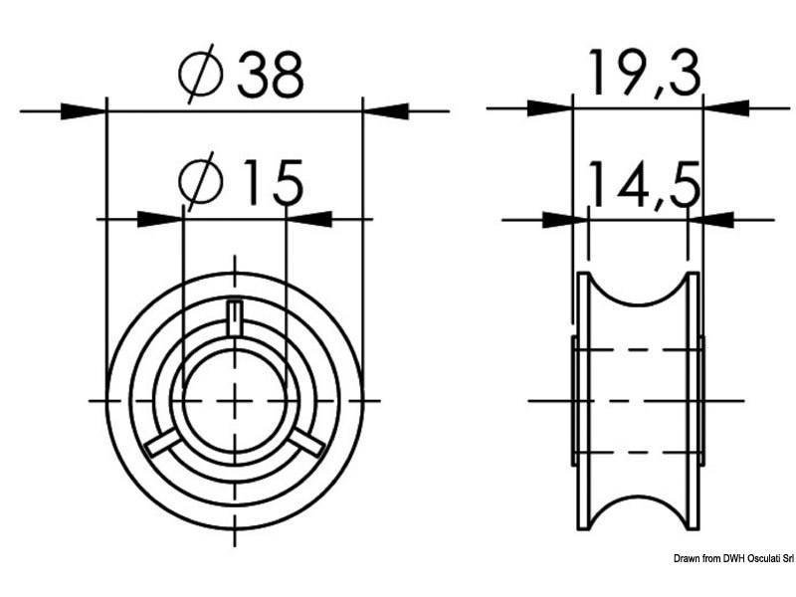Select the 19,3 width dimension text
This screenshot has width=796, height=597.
coord(644,74)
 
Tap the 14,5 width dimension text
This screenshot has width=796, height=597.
coord(644,185)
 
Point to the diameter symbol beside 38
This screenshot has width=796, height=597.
coord(201,74)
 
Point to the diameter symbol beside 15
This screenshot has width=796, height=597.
coord(201,182)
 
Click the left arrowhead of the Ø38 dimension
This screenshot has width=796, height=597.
coord(84,110)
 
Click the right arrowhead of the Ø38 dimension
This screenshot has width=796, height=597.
coord(386,110)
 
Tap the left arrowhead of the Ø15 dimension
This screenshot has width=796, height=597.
coord(160,219)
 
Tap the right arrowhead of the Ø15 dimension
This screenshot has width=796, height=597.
coord(309,219)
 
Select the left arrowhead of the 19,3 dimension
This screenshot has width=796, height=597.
coord(550,108)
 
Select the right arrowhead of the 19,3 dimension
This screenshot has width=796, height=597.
coord(726,108)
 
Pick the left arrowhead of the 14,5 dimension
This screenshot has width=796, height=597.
coord(565,220)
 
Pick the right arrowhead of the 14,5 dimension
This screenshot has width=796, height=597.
coord(710,220)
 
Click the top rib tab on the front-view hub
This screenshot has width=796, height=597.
coord(234,318)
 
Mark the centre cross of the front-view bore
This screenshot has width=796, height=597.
coord(235,401)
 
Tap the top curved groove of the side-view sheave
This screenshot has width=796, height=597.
coord(639,290)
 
